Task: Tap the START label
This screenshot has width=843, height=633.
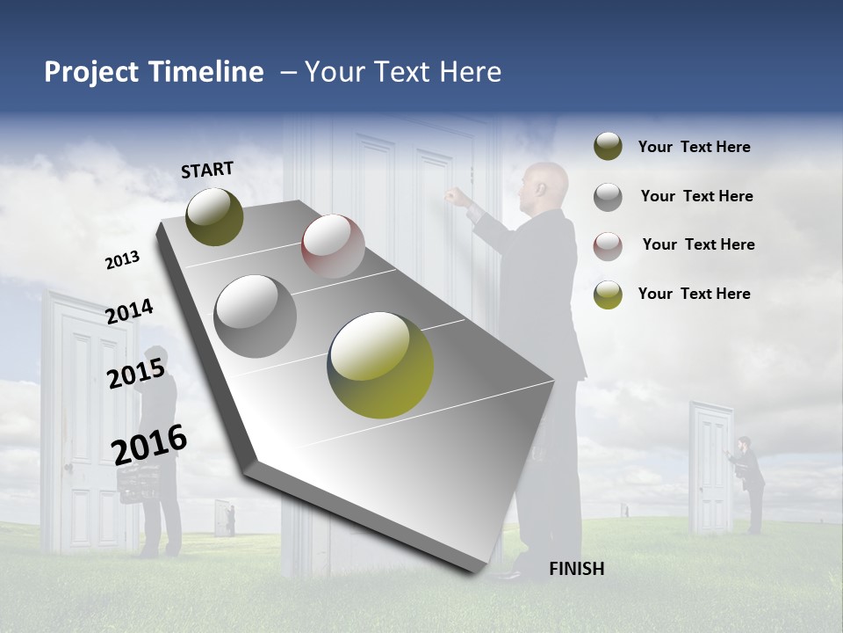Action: (x=207, y=170)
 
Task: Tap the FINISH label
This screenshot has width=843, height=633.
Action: (x=577, y=569)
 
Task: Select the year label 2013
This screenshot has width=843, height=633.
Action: (x=122, y=260)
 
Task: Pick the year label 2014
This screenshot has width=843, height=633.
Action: (x=130, y=311)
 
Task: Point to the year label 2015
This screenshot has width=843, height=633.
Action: (x=136, y=374)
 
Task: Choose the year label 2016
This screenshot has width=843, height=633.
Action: (x=149, y=445)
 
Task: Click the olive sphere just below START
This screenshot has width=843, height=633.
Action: (x=214, y=216)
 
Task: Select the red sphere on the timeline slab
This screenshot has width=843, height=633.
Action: (x=333, y=246)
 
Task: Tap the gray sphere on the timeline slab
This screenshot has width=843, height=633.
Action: (x=256, y=316)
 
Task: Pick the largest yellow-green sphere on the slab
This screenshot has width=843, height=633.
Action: (x=380, y=364)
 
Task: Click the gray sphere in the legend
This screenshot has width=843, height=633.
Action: (x=608, y=197)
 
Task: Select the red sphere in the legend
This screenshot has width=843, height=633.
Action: (x=608, y=246)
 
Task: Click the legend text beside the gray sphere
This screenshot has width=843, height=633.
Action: (x=696, y=196)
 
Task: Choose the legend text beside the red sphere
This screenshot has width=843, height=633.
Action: (x=698, y=244)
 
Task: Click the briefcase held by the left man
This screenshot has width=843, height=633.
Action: (x=139, y=482)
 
